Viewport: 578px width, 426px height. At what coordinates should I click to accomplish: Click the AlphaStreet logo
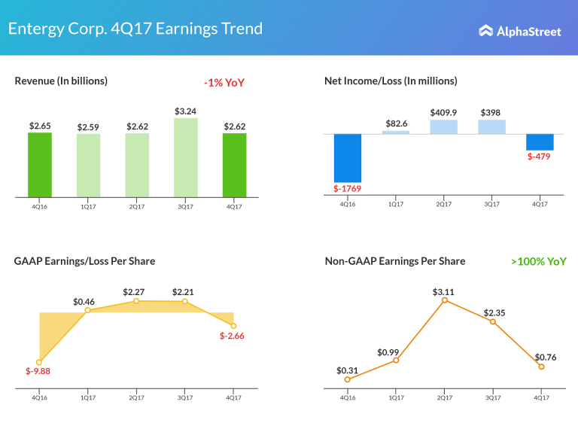(x=519, y=31)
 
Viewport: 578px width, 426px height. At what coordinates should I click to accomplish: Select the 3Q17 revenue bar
(x=185, y=157)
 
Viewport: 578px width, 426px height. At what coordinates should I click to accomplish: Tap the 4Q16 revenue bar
(x=40, y=165)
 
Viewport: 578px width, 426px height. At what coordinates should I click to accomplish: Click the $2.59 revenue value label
(x=88, y=127)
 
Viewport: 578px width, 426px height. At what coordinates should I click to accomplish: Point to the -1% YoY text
(x=224, y=83)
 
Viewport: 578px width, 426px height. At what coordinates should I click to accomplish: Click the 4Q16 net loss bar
(x=348, y=158)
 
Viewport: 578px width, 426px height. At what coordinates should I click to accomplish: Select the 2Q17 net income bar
(x=443, y=126)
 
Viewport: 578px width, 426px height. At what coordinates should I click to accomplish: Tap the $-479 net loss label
(x=540, y=157)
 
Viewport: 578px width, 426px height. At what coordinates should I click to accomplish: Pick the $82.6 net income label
(x=396, y=123)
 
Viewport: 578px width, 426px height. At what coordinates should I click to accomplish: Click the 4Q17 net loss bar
(x=540, y=141)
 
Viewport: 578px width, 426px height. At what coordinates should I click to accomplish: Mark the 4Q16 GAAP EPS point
(x=39, y=362)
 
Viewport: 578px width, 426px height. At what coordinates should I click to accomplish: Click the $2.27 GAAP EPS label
(x=136, y=291)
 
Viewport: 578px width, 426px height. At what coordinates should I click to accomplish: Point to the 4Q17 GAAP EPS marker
(x=233, y=325)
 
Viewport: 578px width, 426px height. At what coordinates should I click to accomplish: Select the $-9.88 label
(x=37, y=371)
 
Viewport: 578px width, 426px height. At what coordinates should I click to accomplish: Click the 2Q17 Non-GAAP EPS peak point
(x=444, y=300)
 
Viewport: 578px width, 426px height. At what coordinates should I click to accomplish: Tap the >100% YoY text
(x=538, y=262)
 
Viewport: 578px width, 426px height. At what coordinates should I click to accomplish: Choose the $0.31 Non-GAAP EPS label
(x=348, y=370)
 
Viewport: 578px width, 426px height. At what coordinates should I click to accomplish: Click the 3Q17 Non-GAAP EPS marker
(x=493, y=321)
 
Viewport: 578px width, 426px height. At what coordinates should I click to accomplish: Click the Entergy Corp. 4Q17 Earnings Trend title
(x=135, y=29)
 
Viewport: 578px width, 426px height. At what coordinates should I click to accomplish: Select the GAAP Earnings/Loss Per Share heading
(x=84, y=261)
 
